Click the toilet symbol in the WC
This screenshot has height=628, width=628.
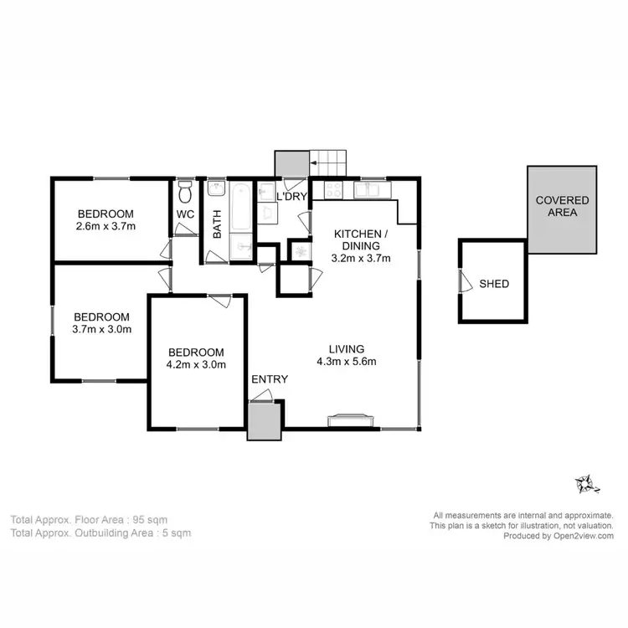click(x=186, y=194)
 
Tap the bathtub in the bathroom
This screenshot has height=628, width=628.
click(x=239, y=207)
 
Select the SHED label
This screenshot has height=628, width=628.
click(x=494, y=284)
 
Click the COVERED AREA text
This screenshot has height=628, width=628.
click(x=562, y=207)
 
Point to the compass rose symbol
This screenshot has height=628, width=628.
click(x=584, y=484)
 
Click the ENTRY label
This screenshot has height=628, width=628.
click(x=270, y=379)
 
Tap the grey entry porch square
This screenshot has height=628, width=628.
click(x=262, y=420)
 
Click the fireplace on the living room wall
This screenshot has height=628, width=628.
click(x=349, y=420)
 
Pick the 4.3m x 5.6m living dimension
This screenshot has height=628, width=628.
click(x=347, y=362)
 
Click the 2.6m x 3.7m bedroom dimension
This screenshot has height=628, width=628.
click(x=106, y=226)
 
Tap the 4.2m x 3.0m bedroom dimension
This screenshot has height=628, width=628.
click(x=196, y=364)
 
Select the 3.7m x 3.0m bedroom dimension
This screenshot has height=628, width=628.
click(x=101, y=330)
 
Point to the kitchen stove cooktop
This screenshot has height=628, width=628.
click(x=330, y=189)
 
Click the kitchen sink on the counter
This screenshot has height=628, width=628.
click(x=369, y=189)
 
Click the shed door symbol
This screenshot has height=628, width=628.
click(x=462, y=281)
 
